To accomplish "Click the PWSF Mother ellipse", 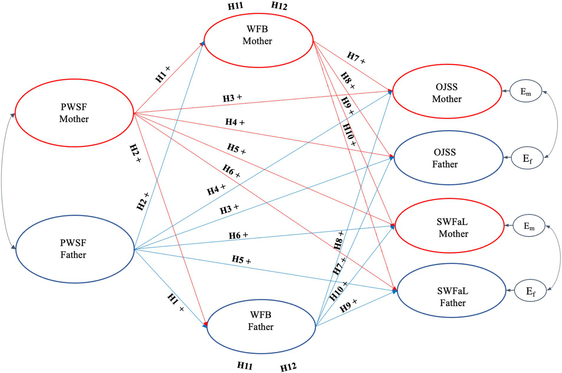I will (74, 113).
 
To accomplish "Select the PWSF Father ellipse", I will (75, 249).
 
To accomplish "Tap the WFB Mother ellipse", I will (258, 40).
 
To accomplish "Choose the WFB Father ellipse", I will (261, 327).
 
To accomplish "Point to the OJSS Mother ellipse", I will (447, 92).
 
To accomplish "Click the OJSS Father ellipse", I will (448, 158).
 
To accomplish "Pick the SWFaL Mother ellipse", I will (450, 225).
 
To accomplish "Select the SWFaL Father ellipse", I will (451, 291).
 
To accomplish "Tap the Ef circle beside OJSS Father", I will (527, 158).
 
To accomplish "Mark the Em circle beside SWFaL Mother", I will (529, 225).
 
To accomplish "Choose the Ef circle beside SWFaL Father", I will (531, 291).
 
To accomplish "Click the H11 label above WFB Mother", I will (235, 6).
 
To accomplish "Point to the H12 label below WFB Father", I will (288, 367).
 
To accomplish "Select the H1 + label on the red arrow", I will (163, 74).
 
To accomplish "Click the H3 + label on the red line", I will (232, 98).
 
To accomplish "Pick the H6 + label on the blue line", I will (238, 235).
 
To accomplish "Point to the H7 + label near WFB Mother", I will (356, 58).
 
